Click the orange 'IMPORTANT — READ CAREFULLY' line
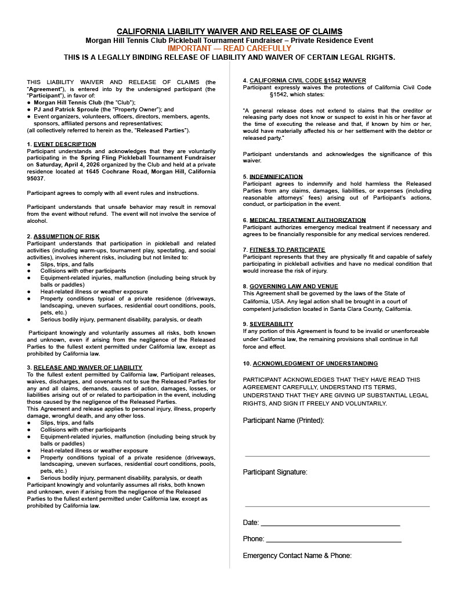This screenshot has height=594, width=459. [229, 49]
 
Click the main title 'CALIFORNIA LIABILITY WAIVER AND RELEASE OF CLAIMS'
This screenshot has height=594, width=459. [229, 31]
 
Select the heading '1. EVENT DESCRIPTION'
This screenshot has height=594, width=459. [62, 144]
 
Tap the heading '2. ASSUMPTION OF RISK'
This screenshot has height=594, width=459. [63, 236]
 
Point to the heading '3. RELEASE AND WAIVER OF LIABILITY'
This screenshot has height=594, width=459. [85, 367]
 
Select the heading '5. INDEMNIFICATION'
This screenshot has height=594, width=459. [273, 176]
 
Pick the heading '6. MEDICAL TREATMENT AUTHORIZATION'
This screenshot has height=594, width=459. [304, 220]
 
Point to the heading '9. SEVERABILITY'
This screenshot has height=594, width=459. [268, 324]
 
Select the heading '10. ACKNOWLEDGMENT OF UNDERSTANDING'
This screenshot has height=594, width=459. [310, 363]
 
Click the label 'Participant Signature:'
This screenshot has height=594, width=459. [275, 472]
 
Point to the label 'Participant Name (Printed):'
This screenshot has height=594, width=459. [283, 420]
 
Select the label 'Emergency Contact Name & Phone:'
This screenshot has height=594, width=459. [297, 556]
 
